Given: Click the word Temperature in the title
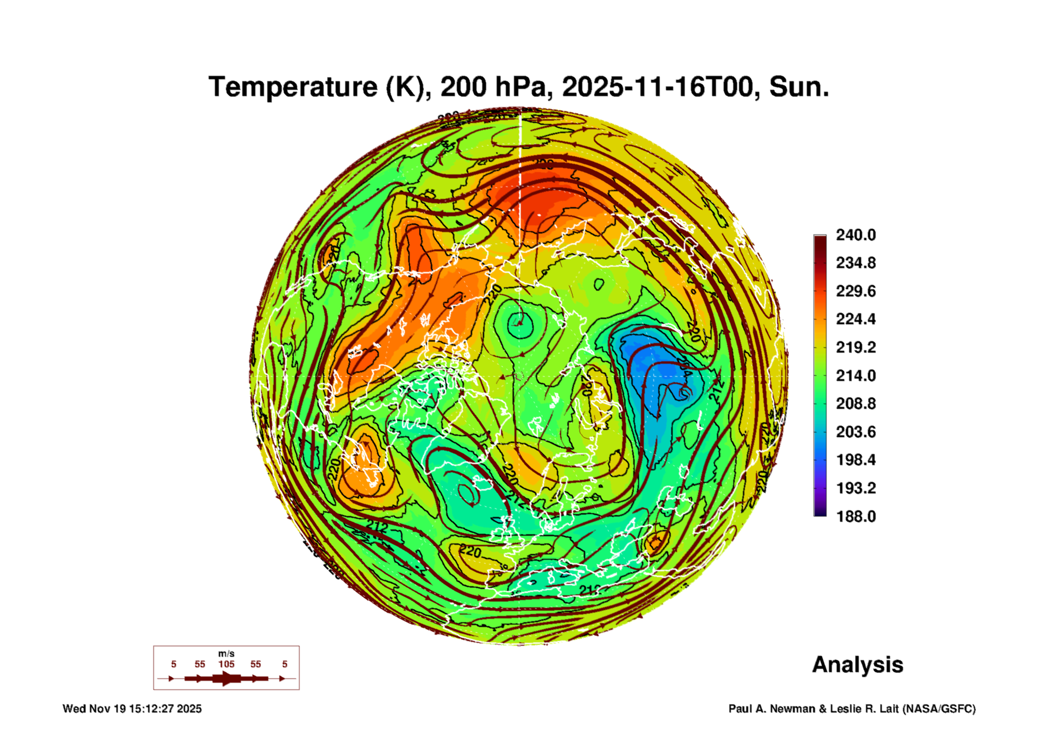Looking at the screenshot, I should (293, 87).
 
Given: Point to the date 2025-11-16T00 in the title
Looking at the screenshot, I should (657, 87).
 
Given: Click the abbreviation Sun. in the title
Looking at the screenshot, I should (799, 87).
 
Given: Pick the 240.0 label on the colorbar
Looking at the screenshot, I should (855, 235).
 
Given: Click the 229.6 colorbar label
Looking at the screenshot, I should (855, 291).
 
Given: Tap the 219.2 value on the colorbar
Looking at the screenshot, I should (855, 347).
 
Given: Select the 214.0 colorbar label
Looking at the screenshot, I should (855, 375).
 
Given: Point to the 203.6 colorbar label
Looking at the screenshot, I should (855, 432).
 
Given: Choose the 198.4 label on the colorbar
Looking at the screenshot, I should (855, 460).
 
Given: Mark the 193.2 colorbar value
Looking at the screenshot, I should (855, 488).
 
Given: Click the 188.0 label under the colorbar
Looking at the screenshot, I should (855, 516).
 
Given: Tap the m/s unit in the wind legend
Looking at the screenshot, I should (226, 653).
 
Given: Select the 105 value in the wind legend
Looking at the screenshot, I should (226, 664).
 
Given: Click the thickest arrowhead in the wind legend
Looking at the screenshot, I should (226, 678).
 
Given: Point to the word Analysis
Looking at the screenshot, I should (857, 664).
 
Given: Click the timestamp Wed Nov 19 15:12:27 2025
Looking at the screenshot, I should (132, 709).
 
